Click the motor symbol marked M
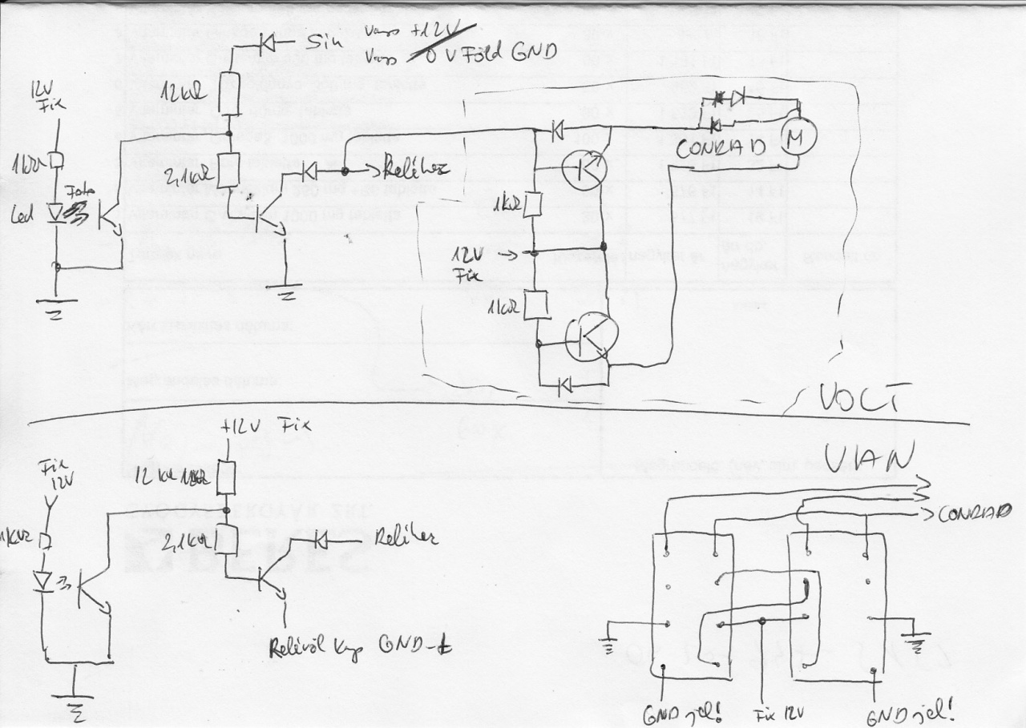798,138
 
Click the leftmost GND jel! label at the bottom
674,711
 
